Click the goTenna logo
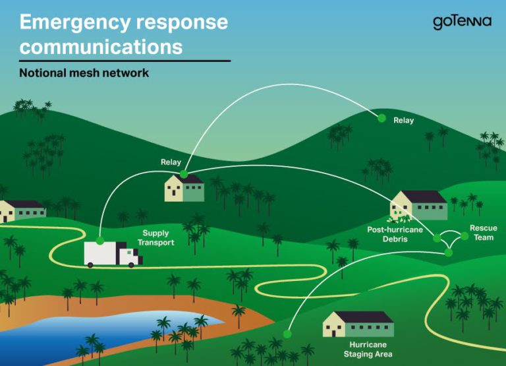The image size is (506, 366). pos(461,22)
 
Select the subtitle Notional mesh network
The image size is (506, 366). pos(84,73)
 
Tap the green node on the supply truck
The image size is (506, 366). pos(100,241)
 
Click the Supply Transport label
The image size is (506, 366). pos(155,238)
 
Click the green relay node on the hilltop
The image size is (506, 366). pos(381,119)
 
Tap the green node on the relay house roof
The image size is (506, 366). pos(184,175)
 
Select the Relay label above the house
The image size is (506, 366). pos(171,162)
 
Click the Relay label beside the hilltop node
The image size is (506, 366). pos(403,121)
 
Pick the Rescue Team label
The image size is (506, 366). pos(483,232)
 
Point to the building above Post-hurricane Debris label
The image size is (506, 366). pos(419,204)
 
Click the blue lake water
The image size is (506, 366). pos(99,330)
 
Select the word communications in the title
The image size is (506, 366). pos(101,47)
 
